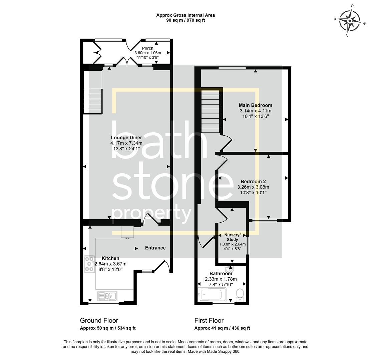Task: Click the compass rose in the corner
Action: tap(350, 20)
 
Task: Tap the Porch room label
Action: tap(147, 48)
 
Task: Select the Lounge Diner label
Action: tap(126, 138)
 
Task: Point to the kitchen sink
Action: tap(107, 296)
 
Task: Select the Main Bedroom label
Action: tap(255, 105)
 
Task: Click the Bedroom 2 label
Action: tap(253, 181)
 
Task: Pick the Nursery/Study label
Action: tap(232, 237)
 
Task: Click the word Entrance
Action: tap(155, 248)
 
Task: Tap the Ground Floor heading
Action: tap(99, 320)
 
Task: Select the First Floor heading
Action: tap(209, 320)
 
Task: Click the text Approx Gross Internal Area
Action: tap(185, 15)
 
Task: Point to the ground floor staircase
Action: tap(92, 101)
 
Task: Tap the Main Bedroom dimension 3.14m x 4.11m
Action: tap(255, 111)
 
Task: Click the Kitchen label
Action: tap(110, 258)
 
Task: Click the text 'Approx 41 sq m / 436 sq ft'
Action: tap(222, 328)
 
